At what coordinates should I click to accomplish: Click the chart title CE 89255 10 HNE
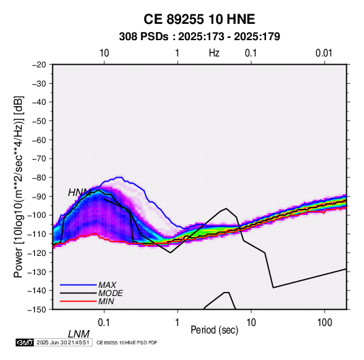[199, 19]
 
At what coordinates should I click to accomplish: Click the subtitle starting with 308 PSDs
[199, 37]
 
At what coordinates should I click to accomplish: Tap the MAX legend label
[107, 285]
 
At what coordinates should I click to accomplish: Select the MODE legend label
[110, 293]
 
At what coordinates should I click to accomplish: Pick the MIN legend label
[106, 301]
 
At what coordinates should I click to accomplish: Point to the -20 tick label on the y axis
[39, 65]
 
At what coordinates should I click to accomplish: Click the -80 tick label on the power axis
[39, 178]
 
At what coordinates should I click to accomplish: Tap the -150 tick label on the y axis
[37, 310]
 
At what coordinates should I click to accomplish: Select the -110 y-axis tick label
[37, 234]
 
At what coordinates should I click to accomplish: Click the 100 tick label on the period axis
[325, 323]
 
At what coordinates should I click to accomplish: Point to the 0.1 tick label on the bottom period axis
[104, 323]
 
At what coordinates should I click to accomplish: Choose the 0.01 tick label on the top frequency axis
[324, 53]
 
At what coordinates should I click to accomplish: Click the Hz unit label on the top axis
[214, 53]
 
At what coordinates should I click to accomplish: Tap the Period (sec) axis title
[214, 330]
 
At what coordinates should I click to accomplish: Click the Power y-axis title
[18, 187]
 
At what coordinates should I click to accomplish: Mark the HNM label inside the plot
[80, 193]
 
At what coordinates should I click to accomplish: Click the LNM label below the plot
[79, 334]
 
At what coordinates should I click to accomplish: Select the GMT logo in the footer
[24, 342]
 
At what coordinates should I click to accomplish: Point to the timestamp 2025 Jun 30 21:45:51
[63, 342]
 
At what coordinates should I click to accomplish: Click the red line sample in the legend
[78, 301]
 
